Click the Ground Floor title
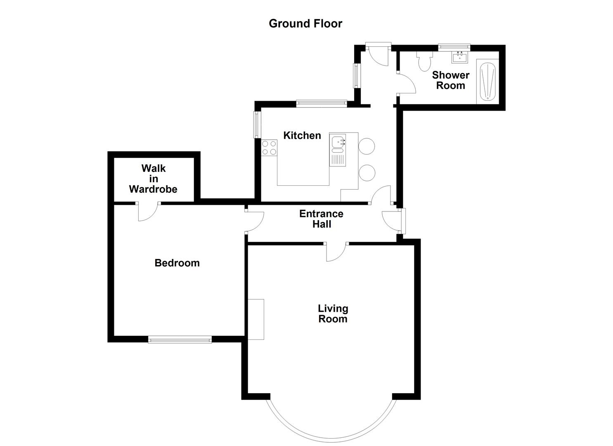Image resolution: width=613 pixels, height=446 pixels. [305, 24]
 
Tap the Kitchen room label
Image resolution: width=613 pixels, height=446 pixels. [302, 135]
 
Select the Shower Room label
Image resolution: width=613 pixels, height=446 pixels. [451, 80]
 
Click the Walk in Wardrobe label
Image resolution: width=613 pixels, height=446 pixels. [153, 178]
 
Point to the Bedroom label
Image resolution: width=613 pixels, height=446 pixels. [177, 263]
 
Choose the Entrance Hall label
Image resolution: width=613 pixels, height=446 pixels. [321, 219]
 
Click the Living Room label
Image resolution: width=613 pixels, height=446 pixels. [333, 313]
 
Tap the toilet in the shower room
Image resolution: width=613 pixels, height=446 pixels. [424, 61]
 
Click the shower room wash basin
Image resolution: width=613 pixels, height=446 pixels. [460, 57]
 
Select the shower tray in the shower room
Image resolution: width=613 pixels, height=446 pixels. [488, 81]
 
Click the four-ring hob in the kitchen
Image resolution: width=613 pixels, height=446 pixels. [269, 148]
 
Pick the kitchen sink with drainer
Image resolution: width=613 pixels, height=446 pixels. [338, 150]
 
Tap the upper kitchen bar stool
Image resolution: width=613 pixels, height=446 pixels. [366, 146]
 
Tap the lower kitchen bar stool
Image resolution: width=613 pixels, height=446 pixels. [366, 173]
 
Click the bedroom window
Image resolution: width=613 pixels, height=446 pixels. [180, 339]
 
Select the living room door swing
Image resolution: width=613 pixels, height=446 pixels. [336, 252]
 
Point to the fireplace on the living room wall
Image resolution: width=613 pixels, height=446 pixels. [256, 319]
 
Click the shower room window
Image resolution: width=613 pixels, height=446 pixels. [454, 47]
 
